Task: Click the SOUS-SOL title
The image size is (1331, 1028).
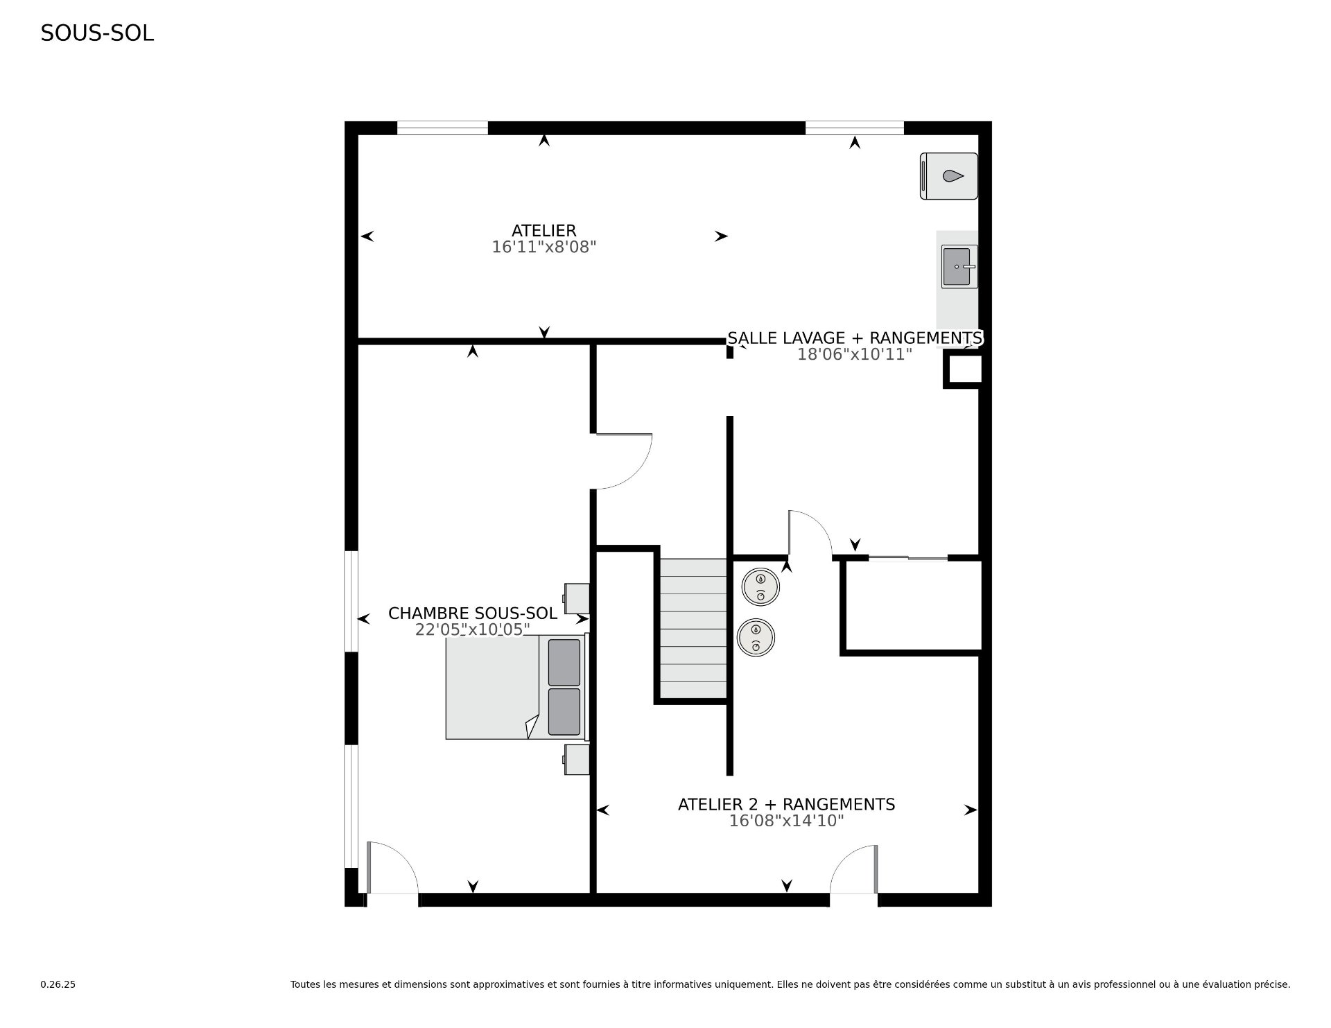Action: (x=97, y=33)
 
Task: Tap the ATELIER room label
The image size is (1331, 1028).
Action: (x=544, y=231)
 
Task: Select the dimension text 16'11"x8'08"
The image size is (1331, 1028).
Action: (x=544, y=247)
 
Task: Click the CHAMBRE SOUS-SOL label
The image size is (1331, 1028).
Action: (x=473, y=613)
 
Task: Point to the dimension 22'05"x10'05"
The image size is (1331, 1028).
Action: (x=473, y=629)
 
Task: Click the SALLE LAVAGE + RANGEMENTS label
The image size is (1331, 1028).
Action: (x=855, y=338)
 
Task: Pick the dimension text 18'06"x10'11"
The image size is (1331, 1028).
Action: (x=855, y=354)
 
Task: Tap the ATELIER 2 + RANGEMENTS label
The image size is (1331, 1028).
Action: (x=787, y=805)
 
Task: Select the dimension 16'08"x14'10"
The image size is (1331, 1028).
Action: (x=787, y=821)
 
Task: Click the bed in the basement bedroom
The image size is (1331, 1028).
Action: (x=517, y=687)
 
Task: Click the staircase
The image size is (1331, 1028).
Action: (x=693, y=629)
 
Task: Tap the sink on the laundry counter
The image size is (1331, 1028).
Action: (x=959, y=266)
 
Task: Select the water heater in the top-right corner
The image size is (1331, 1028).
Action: (x=949, y=176)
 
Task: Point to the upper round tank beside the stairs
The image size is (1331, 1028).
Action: (x=760, y=587)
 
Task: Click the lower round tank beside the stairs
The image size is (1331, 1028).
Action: (x=756, y=637)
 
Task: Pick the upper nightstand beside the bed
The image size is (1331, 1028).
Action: (x=577, y=598)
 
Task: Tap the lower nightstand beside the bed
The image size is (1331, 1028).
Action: (x=577, y=759)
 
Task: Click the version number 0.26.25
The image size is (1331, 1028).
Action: (x=58, y=984)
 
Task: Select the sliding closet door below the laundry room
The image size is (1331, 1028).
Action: (x=908, y=557)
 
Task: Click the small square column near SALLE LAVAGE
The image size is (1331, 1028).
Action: (x=964, y=369)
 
